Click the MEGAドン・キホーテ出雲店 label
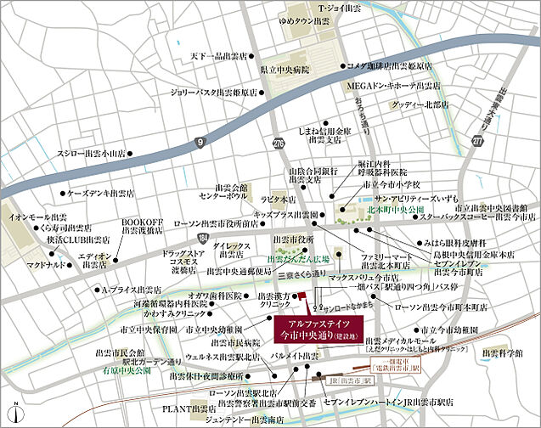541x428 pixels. pyautogui.click(x=392, y=86)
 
